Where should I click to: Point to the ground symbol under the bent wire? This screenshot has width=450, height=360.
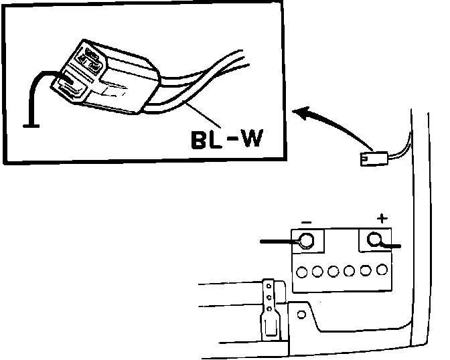29,124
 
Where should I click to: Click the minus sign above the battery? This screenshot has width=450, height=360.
306,221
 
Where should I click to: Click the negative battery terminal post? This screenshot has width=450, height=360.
306,240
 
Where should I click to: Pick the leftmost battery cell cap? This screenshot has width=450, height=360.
303,272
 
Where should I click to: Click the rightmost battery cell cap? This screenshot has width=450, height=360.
382,272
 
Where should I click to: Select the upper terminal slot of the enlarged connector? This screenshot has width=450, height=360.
89,58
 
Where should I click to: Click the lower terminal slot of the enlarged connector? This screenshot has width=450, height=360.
69,86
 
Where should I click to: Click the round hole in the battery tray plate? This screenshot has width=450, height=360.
301,314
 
